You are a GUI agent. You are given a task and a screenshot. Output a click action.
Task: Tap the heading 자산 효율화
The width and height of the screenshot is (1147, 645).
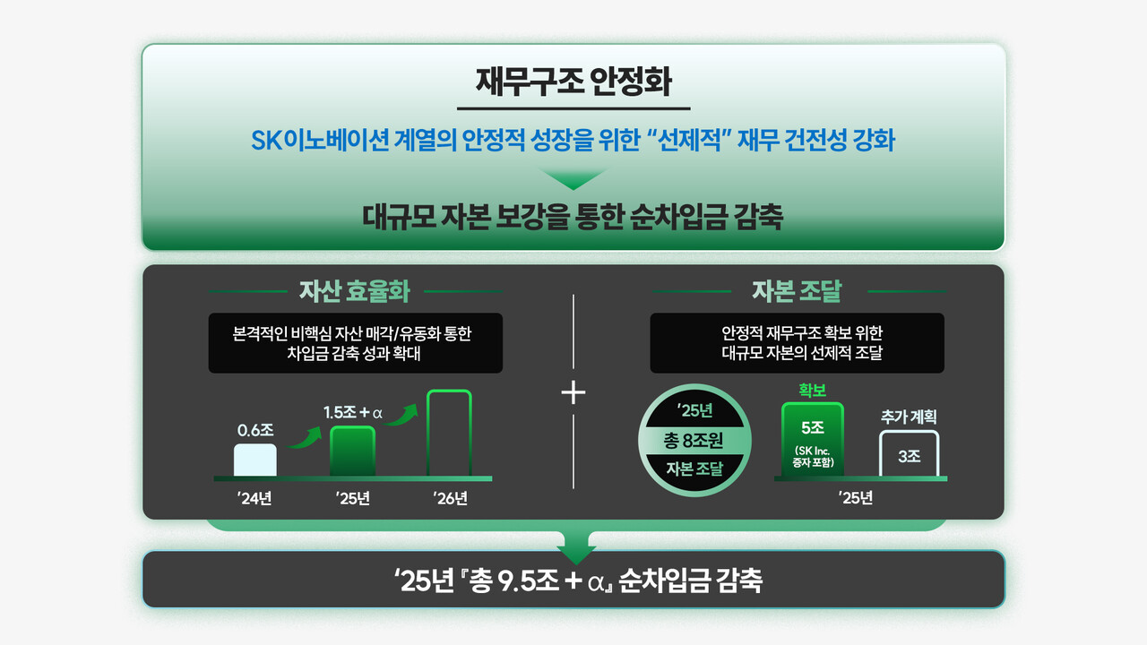pyautogui.click(x=355, y=291)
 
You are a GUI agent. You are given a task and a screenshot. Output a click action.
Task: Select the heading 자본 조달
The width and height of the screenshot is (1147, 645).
pyautogui.click(x=798, y=291)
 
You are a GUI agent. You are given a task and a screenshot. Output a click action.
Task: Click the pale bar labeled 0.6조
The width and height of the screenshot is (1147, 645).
pyautogui.click(x=255, y=460)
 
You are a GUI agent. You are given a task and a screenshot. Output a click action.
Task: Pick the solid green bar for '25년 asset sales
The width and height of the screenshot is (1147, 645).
pyautogui.click(x=352, y=451)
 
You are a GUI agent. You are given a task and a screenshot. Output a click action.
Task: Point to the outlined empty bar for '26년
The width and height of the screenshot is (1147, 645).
pyautogui.click(x=449, y=434)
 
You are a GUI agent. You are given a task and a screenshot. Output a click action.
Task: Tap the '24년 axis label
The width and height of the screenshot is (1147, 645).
pyautogui.click(x=255, y=498)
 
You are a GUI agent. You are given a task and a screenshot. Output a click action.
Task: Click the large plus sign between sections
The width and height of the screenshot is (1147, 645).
pyautogui.click(x=573, y=393)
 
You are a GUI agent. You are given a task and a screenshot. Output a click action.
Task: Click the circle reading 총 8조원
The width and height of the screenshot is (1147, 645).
pyautogui.click(x=693, y=440)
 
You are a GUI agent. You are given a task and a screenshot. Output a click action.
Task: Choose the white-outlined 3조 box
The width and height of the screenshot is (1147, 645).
pyautogui.click(x=910, y=454)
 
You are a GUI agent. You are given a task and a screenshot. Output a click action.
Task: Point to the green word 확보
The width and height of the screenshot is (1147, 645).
pyautogui.click(x=813, y=391)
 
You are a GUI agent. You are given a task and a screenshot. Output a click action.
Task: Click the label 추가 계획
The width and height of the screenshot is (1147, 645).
pyautogui.click(x=910, y=417)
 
